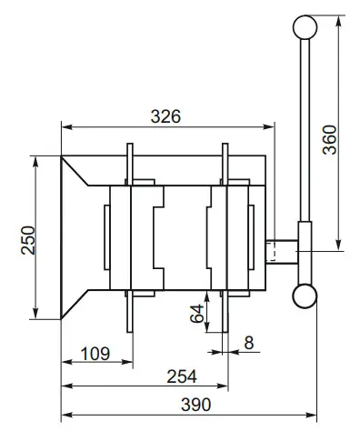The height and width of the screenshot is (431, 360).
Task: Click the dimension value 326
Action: [166, 115]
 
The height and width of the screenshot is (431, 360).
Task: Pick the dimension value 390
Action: [192, 404]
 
